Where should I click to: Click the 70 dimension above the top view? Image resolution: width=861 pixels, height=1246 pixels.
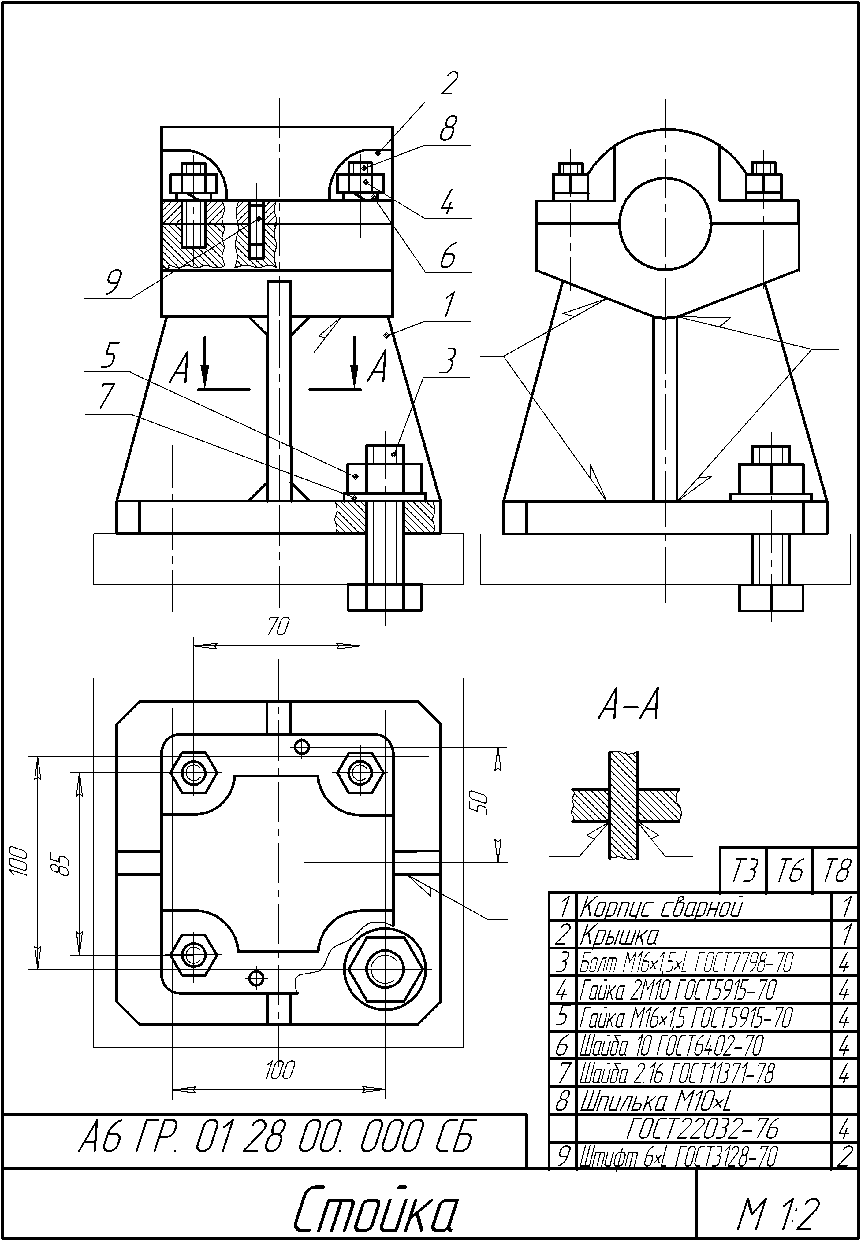click(278, 627)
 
